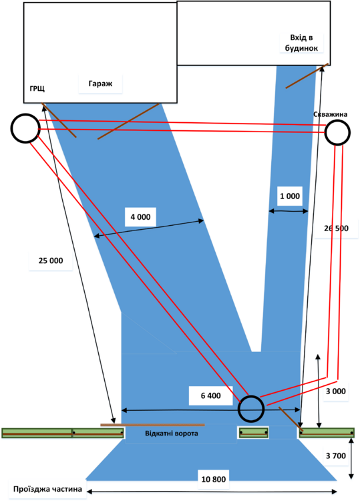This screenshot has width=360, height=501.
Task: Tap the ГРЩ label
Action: pos(37,89)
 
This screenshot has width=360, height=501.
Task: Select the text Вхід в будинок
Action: pos(302,43)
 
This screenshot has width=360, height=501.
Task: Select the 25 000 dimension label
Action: pos(46,261)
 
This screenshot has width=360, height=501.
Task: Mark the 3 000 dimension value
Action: pos(336,391)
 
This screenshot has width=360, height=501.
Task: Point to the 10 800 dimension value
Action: pos(214,478)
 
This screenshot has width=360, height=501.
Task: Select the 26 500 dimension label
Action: pos(337,228)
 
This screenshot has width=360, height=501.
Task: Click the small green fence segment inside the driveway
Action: pos(253,433)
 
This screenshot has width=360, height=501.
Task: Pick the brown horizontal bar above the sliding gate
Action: pos(152,424)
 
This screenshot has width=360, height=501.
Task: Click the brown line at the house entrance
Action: pos(307,76)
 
